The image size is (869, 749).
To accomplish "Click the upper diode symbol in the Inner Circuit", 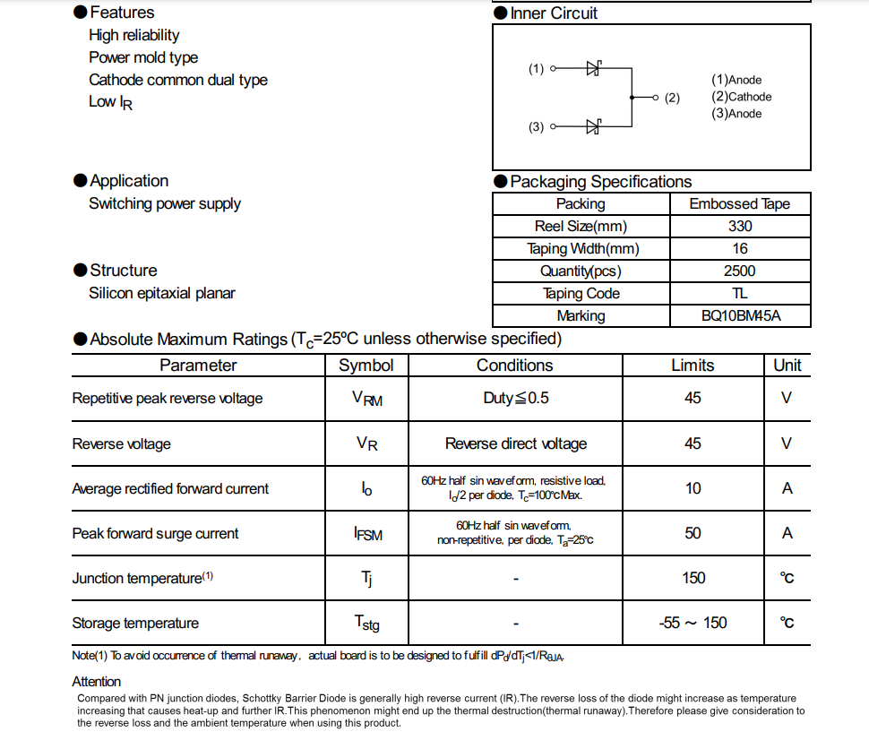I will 593,68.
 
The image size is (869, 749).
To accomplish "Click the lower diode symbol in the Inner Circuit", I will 593,126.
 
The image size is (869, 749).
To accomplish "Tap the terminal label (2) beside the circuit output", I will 672,98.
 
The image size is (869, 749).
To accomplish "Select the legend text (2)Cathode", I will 741,97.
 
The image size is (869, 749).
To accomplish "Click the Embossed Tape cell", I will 739,204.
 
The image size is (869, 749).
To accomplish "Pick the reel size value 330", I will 740,227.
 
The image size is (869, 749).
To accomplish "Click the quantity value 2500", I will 740,271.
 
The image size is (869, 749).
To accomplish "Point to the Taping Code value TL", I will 740,294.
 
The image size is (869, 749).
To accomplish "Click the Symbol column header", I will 366,366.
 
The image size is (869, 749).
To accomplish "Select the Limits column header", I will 693,366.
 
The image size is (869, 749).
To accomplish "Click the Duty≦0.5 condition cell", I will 515,398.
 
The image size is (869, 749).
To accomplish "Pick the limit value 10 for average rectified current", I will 693,488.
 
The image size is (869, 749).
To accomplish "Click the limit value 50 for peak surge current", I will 693,533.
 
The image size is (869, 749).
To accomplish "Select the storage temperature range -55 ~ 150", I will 693,623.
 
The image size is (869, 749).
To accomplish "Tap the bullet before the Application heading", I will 81,181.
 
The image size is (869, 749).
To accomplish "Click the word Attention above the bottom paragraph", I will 97,682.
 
